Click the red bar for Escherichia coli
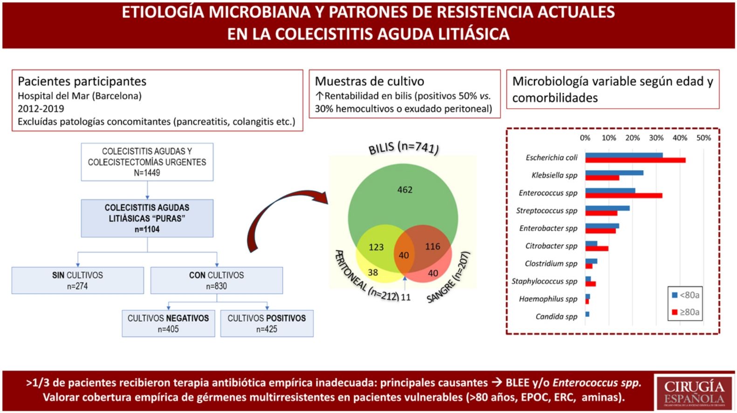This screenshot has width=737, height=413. (x=635, y=160)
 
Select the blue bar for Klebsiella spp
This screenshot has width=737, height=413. (x=614, y=172)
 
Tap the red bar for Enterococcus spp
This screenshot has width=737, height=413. (x=624, y=196)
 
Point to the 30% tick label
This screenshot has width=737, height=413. (x=656, y=138)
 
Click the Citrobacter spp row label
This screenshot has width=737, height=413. (x=551, y=246)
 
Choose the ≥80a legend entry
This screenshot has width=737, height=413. (x=685, y=312)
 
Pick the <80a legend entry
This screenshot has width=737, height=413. (x=685, y=295)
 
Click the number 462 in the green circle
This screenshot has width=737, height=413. (x=404, y=190)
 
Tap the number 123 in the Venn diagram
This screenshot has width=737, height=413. (x=376, y=247)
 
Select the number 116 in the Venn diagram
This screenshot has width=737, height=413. (x=432, y=247)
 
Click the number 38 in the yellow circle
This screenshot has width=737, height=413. (x=373, y=273)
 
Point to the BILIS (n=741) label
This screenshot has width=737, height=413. (x=403, y=148)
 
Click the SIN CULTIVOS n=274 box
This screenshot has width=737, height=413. (x=77, y=281)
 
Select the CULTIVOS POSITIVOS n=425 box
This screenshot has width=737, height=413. (x=266, y=324)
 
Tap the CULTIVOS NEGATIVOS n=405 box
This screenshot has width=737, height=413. (x=168, y=324)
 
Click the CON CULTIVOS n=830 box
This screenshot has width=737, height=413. (x=216, y=281)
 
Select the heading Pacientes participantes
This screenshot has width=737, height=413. (x=82, y=82)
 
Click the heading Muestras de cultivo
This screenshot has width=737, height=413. (x=369, y=82)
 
